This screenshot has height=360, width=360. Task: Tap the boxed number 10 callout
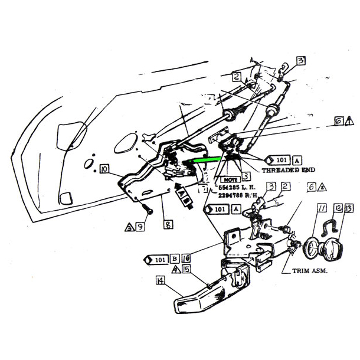point(104,170)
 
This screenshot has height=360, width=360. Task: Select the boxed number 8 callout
point(152,224)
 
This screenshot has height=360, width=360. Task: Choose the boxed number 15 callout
point(187,269)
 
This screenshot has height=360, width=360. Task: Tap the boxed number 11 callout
point(322,208)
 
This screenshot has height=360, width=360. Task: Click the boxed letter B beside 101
point(175,258)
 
